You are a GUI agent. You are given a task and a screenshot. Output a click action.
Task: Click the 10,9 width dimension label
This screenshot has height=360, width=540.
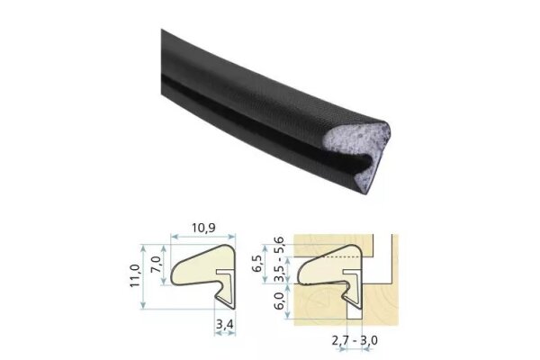(203, 228)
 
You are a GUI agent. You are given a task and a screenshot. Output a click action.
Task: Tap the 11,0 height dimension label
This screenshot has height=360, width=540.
(134, 275)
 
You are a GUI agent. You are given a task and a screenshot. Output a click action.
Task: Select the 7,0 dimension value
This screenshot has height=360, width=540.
(156, 265)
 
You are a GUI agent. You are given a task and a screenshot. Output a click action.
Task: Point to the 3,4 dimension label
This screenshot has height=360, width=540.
(224, 324)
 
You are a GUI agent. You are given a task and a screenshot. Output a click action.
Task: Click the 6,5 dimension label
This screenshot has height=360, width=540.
(258, 264)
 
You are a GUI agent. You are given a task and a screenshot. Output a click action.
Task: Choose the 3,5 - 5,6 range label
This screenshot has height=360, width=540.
(278, 259)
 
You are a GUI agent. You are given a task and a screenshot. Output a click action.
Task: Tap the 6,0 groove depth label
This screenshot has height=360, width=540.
(280, 301)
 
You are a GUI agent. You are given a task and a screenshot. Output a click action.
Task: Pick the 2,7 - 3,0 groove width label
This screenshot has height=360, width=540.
(355, 340)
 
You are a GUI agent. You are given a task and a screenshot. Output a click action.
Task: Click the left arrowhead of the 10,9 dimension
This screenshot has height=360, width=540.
(174, 237)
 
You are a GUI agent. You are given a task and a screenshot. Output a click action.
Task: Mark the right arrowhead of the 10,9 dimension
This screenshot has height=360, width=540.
(232, 237)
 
